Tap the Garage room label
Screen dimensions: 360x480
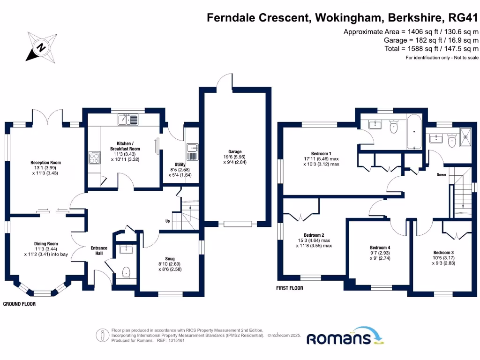point(235,152)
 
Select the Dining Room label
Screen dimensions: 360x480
point(46,244)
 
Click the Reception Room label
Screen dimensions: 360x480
point(46,163)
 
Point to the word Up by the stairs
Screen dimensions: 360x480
point(167,221)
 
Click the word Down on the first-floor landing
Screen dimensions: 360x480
point(441,175)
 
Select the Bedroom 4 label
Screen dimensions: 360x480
point(380,247)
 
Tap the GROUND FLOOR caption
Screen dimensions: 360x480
point(19,304)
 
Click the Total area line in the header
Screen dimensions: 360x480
point(432,49)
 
